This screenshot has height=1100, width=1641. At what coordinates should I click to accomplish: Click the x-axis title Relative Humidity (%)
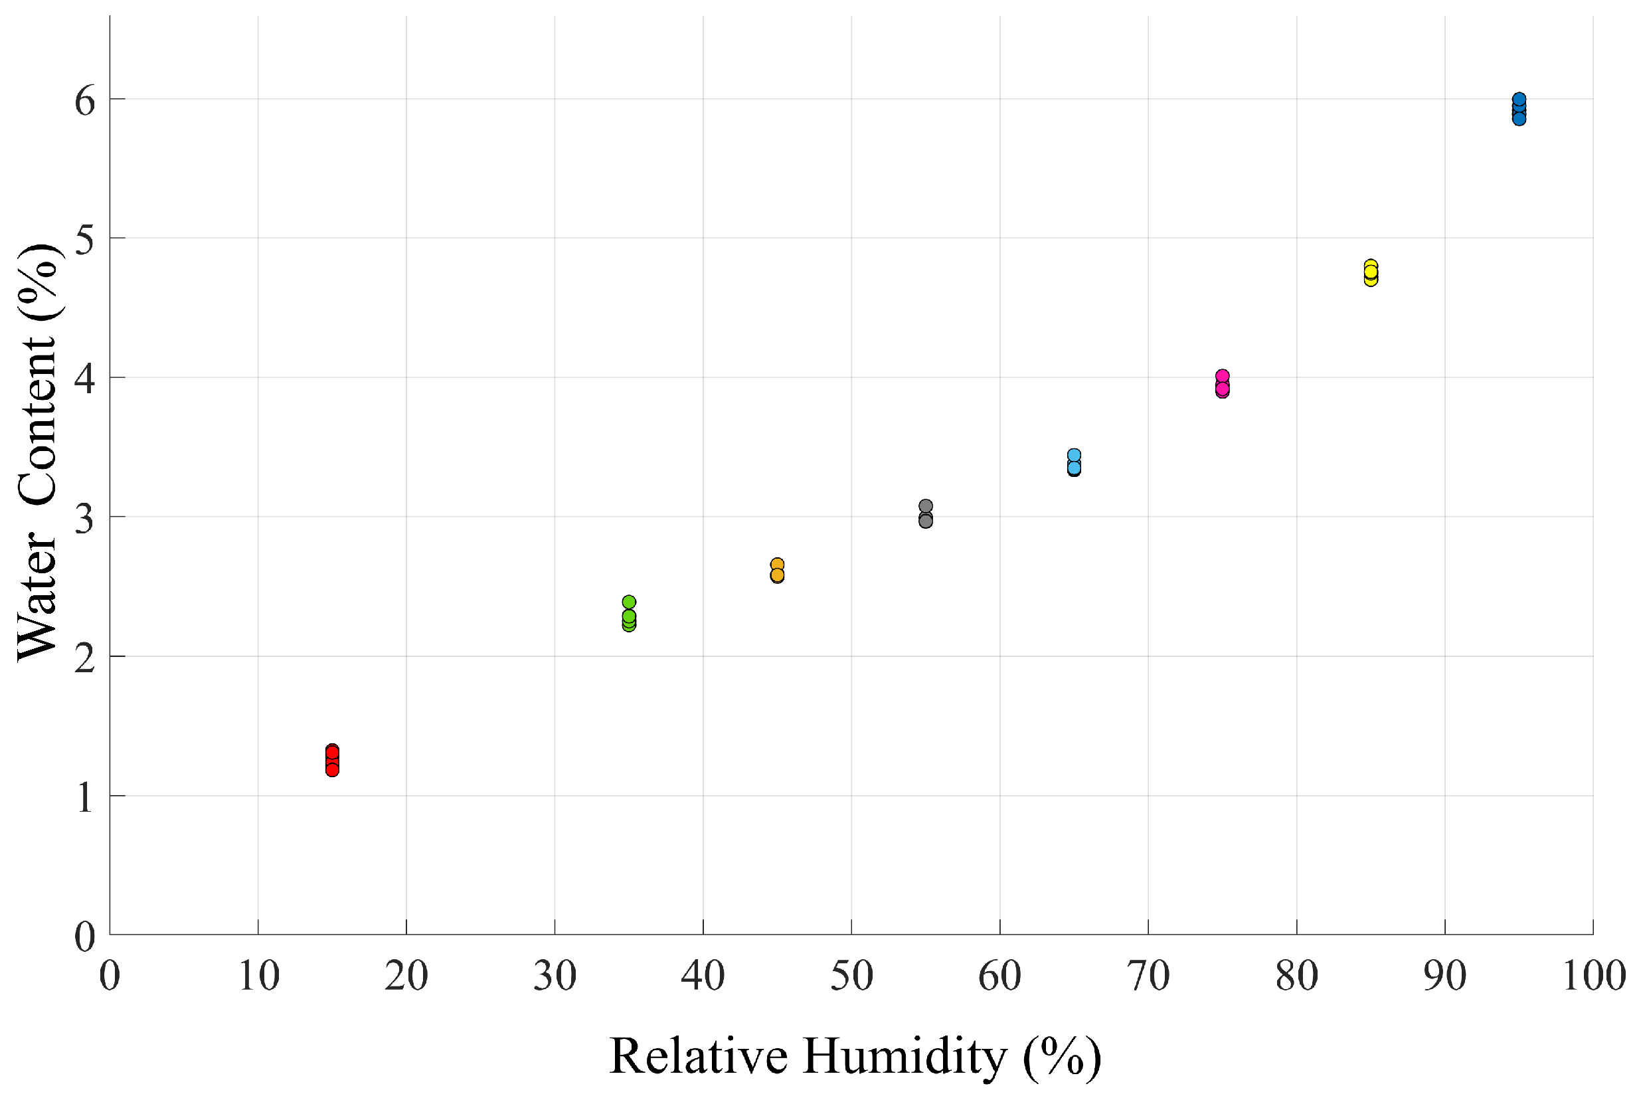tap(855, 1055)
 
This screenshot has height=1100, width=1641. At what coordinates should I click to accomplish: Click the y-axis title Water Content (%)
tap(39, 452)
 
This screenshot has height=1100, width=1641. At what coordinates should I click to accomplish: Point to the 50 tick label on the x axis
tap(851, 976)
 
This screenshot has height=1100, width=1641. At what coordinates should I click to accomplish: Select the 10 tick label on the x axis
tap(259, 976)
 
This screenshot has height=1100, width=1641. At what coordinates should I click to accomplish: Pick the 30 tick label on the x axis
tap(555, 976)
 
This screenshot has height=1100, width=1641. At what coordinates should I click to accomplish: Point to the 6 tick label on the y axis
tap(85, 102)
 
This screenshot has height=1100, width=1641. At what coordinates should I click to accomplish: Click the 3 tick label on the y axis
tap(85, 520)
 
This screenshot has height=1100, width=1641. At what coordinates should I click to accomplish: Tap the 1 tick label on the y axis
tap(85, 798)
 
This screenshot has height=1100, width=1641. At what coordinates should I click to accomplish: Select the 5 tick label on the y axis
tap(85, 241)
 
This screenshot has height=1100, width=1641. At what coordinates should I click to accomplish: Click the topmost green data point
tap(629, 602)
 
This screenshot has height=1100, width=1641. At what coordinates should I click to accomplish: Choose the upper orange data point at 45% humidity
tap(777, 565)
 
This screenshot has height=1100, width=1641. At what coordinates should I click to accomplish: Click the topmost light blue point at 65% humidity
tap(1075, 455)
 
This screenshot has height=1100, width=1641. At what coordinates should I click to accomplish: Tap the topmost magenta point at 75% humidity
tap(1223, 376)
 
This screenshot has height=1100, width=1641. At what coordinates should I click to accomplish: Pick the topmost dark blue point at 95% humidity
tap(1519, 100)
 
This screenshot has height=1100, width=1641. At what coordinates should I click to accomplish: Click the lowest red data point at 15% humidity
tap(333, 770)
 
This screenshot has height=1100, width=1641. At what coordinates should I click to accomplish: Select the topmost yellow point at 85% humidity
tap(1371, 266)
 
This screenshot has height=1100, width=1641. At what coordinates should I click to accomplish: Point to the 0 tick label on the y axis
tap(85, 937)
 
